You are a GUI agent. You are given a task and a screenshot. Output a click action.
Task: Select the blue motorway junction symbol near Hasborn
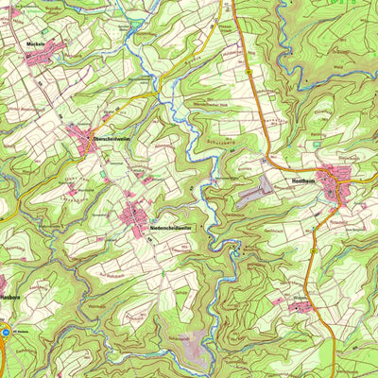click(x=7, y=332)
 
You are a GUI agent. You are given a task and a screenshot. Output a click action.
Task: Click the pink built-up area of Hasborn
click(x=3, y=282)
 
